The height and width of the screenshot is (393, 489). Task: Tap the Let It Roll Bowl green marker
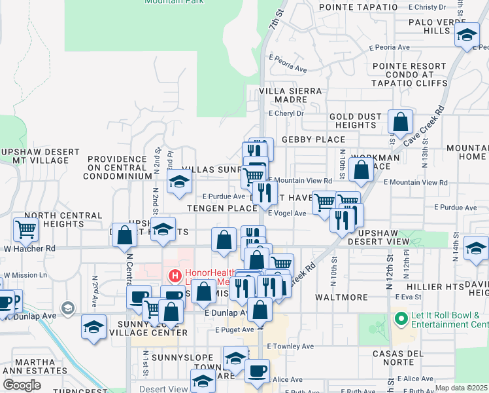(400, 319)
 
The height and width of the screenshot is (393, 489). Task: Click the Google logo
(22, 385)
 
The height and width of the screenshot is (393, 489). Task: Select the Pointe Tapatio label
(358, 7)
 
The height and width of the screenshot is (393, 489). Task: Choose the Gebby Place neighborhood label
(313, 140)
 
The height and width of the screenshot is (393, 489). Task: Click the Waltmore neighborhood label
(342, 297)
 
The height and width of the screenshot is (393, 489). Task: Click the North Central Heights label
(53, 219)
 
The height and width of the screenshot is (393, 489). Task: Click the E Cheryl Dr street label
(287, 113)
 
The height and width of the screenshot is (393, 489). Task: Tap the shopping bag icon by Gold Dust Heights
(400, 121)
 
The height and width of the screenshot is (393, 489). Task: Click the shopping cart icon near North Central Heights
(26, 229)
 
